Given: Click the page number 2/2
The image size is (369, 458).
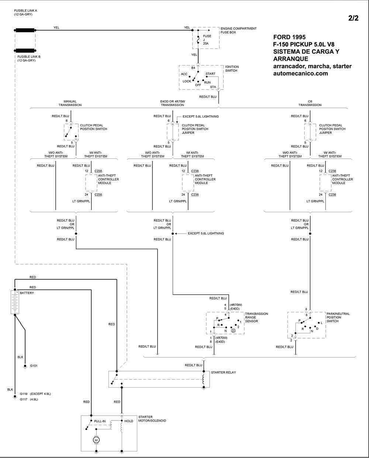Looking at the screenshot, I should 353,18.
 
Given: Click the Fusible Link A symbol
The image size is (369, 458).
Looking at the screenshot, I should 25,31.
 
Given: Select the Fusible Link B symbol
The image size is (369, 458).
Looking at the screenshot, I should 25,50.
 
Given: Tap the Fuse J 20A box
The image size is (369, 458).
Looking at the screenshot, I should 206,38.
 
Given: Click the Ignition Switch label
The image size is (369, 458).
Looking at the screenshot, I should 232,69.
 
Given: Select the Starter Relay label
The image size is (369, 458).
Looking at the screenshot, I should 223,373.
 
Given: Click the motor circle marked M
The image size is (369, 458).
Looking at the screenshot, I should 96,440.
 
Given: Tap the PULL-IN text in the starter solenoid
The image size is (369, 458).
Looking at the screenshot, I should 100,421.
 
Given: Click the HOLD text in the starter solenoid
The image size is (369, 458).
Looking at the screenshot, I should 129,421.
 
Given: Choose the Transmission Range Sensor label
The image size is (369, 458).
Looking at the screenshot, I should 256,317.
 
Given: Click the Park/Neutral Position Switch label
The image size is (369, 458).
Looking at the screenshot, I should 338,317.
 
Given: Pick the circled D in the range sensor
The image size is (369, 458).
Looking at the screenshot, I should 233,331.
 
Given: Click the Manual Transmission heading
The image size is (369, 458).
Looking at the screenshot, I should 70,103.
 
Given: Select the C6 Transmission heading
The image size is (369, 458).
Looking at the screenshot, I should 310,103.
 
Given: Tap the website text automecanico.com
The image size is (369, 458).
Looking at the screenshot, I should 300,73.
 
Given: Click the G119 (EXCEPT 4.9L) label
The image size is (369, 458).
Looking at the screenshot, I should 35,394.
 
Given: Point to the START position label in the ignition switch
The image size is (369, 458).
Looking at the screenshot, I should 210,74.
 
